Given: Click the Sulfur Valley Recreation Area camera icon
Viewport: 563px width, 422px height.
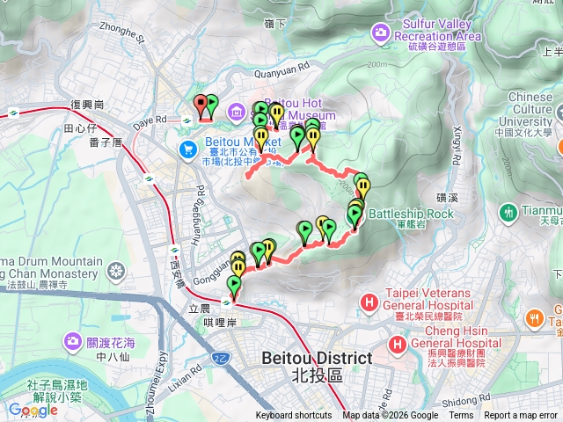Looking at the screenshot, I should [x=380, y=33].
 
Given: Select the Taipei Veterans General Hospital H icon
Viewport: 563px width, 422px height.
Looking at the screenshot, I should [x=369, y=303].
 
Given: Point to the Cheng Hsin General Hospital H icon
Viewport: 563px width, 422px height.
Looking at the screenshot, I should [x=398, y=345].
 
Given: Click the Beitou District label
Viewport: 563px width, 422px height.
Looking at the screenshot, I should [x=317, y=359].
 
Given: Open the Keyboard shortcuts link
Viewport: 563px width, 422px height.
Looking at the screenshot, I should [x=295, y=416].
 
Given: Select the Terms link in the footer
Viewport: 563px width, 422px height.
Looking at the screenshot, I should [x=461, y=416].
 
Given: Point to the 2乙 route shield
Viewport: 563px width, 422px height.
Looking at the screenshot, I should [x=221, y=359].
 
